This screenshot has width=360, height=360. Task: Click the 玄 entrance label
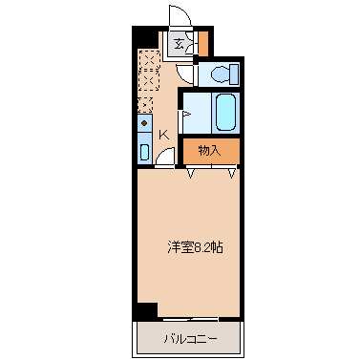point(179,44)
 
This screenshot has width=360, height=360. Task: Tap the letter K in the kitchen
point(163,135)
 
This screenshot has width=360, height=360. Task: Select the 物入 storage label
point(209,151)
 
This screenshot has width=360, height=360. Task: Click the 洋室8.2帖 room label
point(195,247)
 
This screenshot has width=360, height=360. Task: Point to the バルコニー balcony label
point(191,339)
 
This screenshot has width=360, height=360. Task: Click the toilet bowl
point(221,74)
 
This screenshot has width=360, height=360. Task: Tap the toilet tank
point(235,74)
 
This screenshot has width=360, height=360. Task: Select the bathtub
point(226,112)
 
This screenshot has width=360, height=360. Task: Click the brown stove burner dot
point(144,123)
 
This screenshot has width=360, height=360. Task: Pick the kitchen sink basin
point(144,152)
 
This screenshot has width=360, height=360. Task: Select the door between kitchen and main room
point(165,157)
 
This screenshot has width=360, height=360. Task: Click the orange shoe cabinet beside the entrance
point(203,43)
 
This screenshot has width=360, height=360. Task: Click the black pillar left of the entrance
point(145,37)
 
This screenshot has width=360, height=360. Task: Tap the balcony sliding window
point(190,319)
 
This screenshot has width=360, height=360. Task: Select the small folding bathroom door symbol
point(185,114)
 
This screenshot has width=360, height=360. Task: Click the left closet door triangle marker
point(190,174)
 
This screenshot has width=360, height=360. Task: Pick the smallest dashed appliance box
point(145,105)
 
